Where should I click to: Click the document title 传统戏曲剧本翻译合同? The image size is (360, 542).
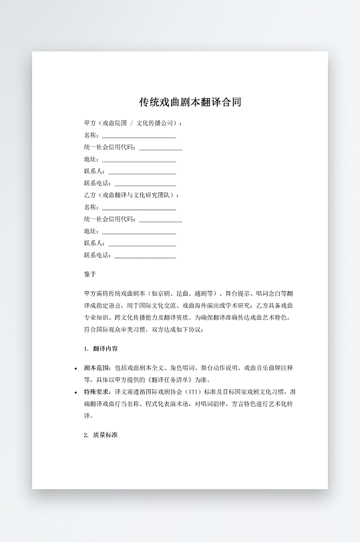coord(190,102)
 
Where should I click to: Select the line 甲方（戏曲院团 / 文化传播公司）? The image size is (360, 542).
coord(133,123)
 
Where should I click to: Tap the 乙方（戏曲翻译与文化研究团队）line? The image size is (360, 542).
coord(131,195)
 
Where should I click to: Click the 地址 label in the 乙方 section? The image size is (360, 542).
coord(91,231)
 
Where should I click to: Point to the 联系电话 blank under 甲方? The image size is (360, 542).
coord(145,184)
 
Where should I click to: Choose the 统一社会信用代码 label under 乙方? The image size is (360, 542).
coord(110,219)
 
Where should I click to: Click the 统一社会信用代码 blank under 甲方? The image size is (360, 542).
coord(160,148)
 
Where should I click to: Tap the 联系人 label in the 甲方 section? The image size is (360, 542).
coord(94,172)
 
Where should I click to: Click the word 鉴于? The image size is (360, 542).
coord(90,274)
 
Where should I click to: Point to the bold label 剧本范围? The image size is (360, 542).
coord(97,367)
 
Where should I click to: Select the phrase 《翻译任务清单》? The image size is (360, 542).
coord(168,379)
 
